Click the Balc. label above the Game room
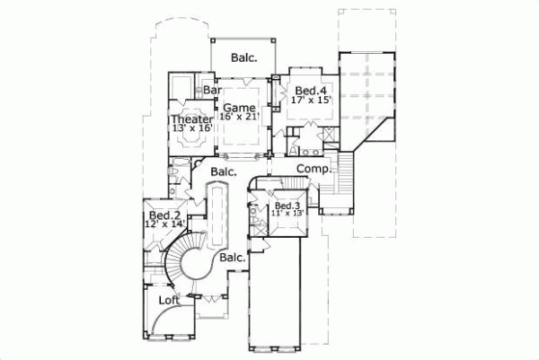tap(243, 57)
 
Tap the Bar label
tap(213, 91)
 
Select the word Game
tap(240, 108)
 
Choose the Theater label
tap(191, 119)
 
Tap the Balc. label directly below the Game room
tap(223, 171)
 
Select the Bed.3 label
tap(287, 206)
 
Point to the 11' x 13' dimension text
tap(287, 214)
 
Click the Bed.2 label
tap(166, 216)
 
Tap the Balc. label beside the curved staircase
tap(233, 259)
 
